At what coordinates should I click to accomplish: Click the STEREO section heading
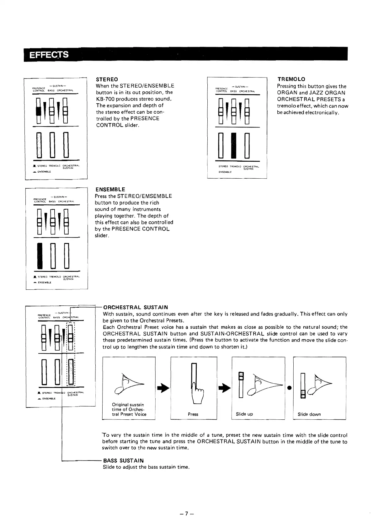(107, 79)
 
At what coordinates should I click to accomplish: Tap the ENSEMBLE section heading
(110, 189)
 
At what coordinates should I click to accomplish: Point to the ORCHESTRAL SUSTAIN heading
(136, 307)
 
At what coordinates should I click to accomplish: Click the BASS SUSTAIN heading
(123, 461)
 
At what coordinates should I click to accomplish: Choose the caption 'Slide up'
(244, 414)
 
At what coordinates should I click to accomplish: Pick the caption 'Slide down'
(309, 414)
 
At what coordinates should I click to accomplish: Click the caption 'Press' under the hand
(193, 414)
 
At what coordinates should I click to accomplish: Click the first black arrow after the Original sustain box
(163, 388)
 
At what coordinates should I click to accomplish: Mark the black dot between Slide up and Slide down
(289, 388)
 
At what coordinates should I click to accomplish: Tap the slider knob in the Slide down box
(302, 394)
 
